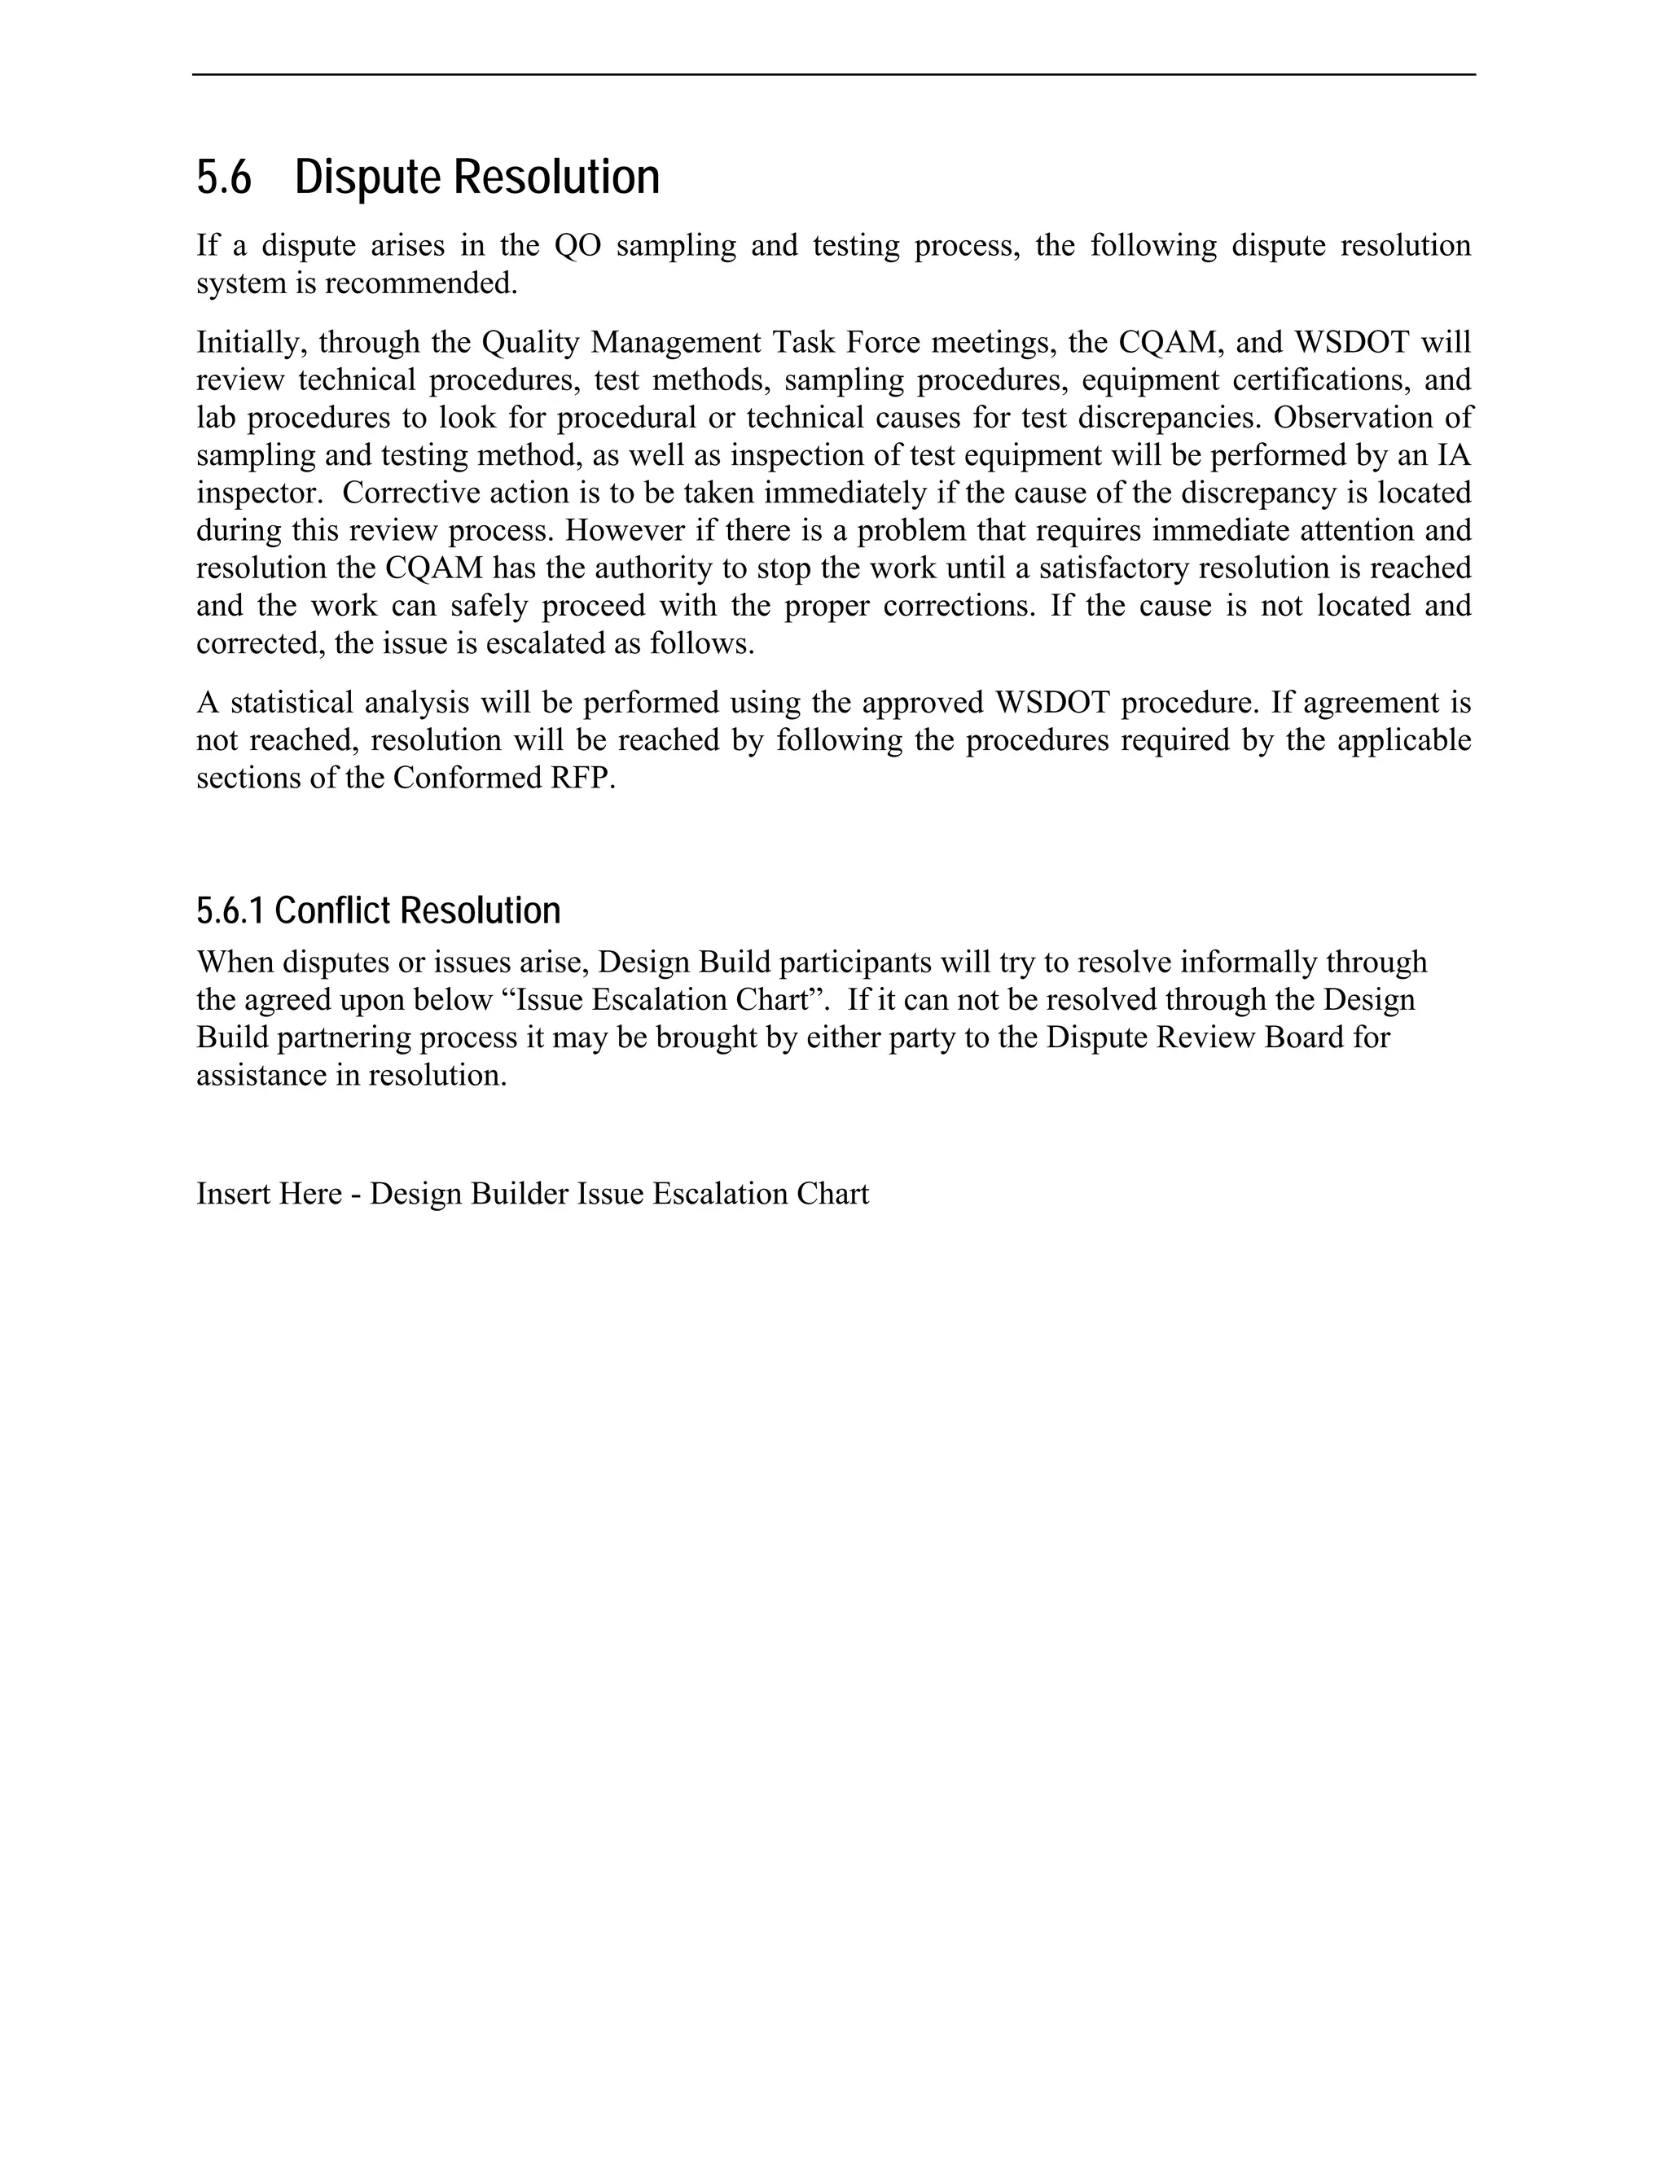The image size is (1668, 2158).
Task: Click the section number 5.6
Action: pos(224,178)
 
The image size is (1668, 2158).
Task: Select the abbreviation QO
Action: pos(577,246)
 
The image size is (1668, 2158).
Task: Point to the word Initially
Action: pos(242,343)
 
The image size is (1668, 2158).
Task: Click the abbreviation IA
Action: pos(1454,455)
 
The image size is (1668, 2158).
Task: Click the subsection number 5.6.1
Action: pos(230,911)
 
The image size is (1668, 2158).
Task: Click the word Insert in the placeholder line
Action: pos(233,1194)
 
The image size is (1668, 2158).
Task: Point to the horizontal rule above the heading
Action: pos(833,74)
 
